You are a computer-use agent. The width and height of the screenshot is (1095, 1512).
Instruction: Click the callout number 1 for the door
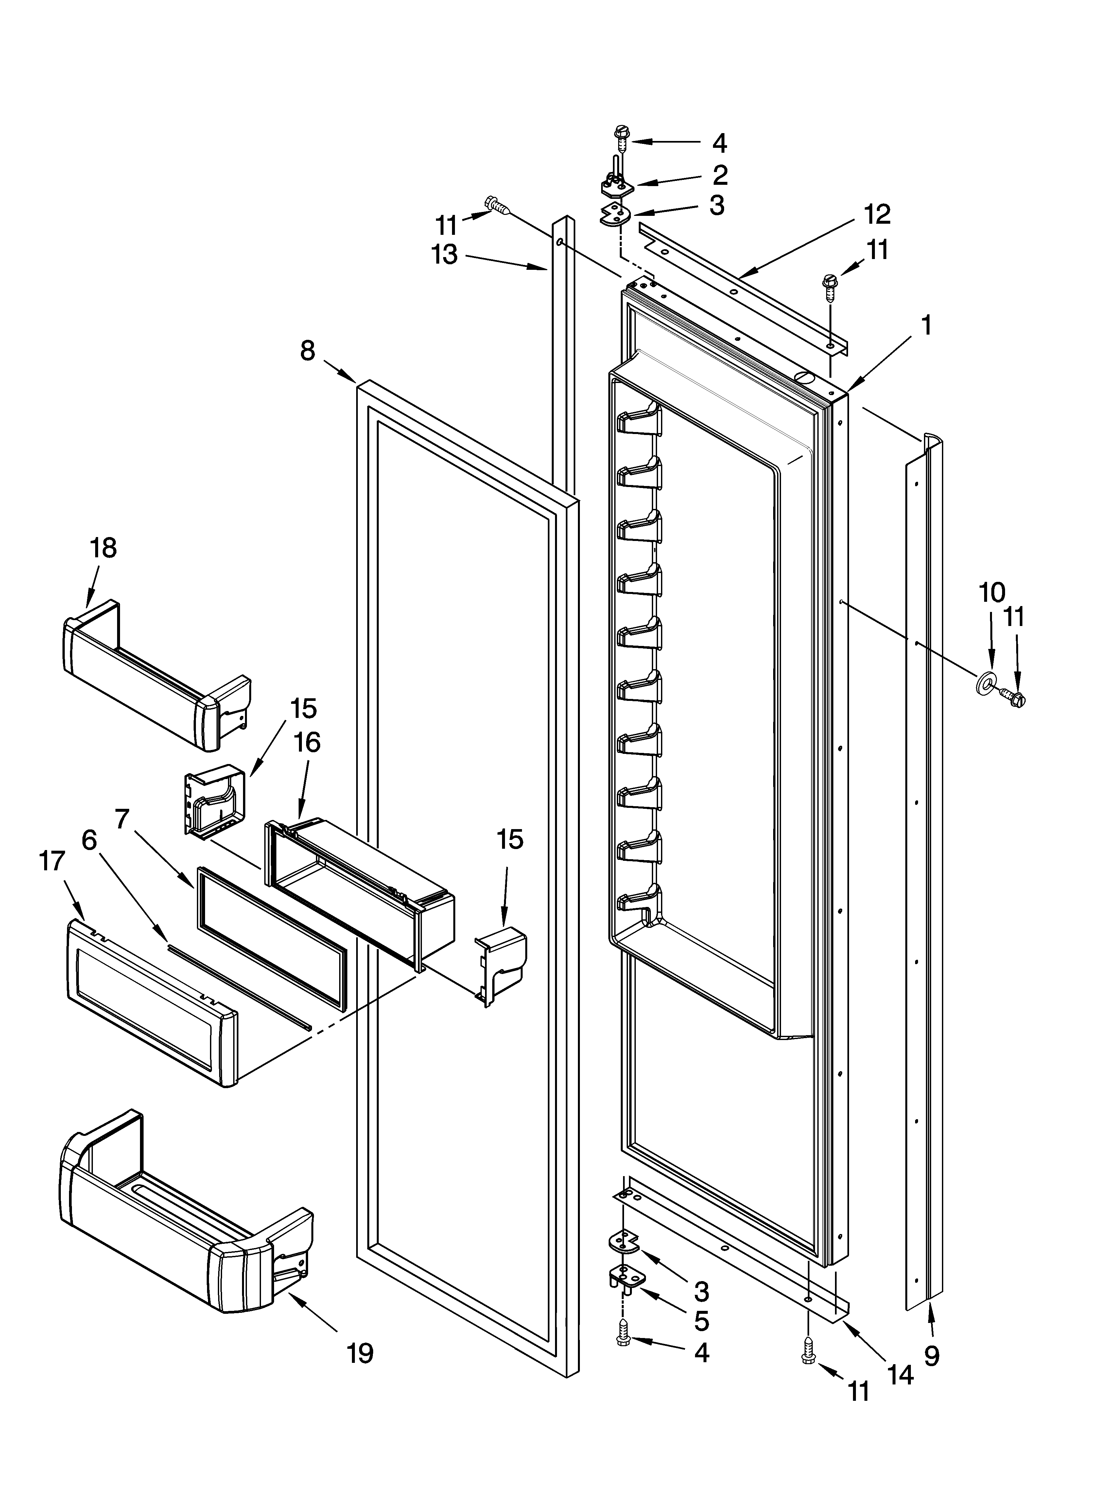(x=926, y=326)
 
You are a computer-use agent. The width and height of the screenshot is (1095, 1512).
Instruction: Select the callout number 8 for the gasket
(x=307, y=351)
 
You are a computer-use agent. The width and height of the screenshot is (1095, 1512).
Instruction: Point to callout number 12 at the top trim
(x=877, y=215)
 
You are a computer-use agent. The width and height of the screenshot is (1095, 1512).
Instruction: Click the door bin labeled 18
(x=157, y=673)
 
